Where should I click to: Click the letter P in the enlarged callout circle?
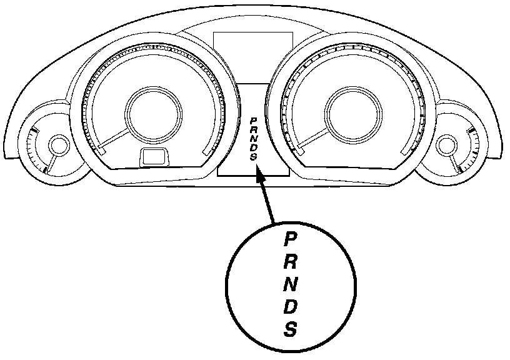coord(289,239)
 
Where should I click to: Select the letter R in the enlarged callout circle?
coord(289,261)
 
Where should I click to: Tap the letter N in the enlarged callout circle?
coord(289,284)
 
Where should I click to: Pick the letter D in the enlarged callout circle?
coord(289,306)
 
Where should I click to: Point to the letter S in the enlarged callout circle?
coord(289,329)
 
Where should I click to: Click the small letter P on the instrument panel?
coord(253,119)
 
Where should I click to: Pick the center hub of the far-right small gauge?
coord(446,146)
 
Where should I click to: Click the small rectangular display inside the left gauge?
coord(152,157)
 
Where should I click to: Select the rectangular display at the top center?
coord(253,55)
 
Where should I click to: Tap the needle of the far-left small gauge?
coord(52,162)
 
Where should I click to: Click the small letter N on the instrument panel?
coord(253,138)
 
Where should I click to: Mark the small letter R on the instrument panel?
coord(253,129)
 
